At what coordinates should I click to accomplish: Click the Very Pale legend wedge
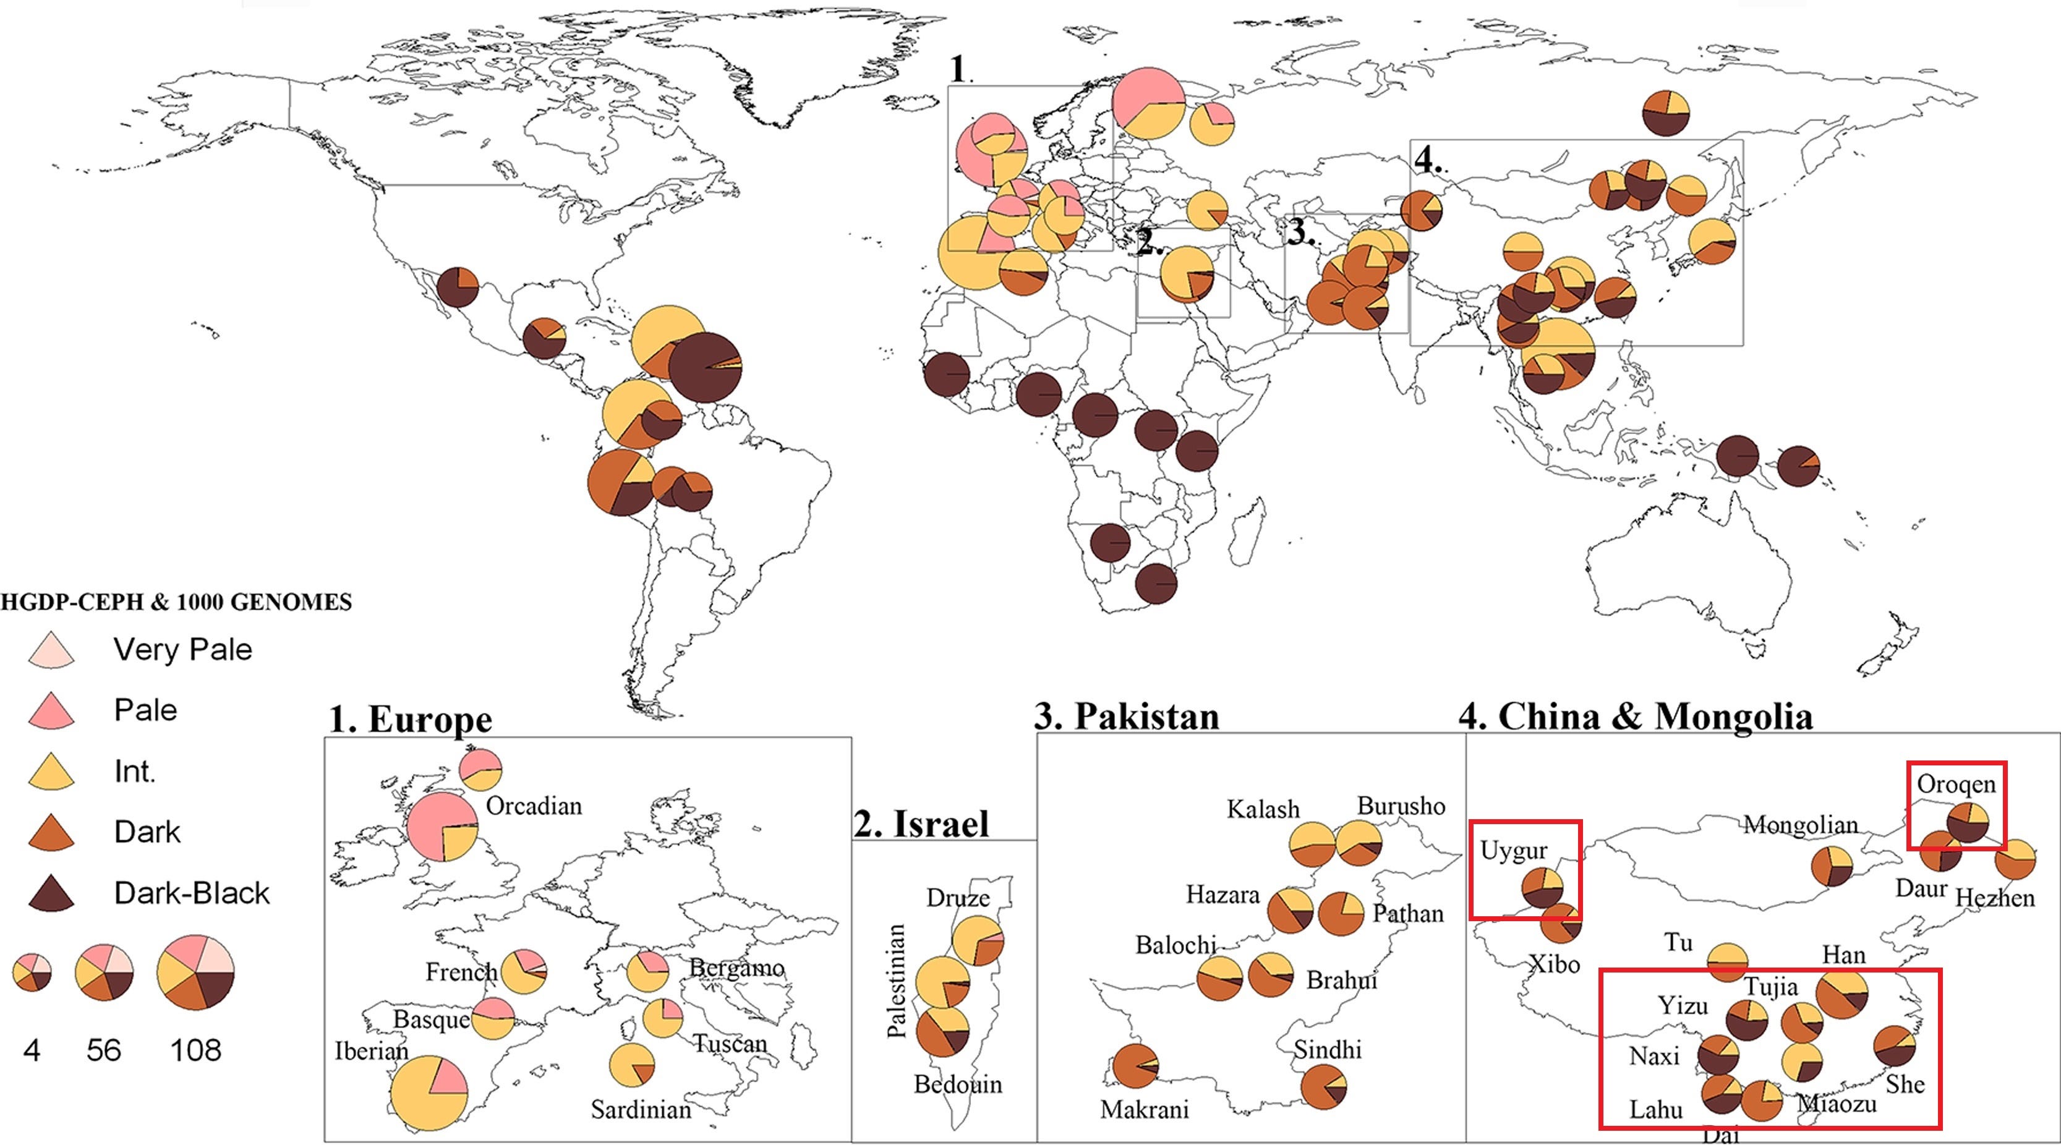51,651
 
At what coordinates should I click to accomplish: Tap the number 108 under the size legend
195,1050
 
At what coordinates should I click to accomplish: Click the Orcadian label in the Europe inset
534,806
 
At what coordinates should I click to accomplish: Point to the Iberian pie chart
428,1093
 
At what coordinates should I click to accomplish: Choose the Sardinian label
641,1110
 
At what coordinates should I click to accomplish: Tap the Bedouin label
958,1084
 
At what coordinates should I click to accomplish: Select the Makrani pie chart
1135,1066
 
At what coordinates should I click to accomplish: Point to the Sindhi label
1328,1049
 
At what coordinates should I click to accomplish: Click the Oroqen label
1956,784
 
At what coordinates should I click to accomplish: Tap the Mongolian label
1801,825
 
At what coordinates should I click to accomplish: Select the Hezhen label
1995,898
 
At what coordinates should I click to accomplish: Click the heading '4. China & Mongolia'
1636,716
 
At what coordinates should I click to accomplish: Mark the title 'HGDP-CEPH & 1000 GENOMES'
176,602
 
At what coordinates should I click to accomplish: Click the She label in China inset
1905,1085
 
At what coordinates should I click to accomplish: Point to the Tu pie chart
1727,961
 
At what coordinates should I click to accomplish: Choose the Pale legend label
145,710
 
